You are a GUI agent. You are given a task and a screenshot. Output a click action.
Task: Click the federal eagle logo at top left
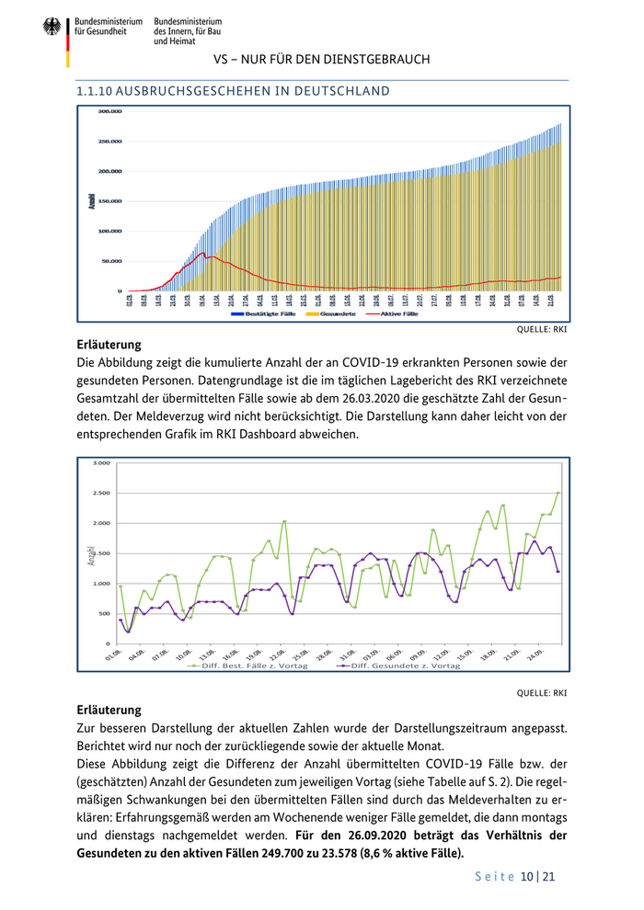click(52, 28)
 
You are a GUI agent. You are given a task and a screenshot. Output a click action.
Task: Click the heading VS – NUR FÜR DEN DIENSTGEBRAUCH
click(321, 60)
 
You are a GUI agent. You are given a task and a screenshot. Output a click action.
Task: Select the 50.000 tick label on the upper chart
click(109, 261)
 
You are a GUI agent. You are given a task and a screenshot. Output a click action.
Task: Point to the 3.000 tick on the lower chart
click(101, 463)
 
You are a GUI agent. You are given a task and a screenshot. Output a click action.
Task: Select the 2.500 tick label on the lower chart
click(101, 494)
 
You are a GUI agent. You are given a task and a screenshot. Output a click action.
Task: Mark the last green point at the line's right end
click(558, 493)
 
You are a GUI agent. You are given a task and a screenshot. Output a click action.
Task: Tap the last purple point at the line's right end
click(558, 571)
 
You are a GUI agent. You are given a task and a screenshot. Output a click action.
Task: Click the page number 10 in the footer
click(527, 877)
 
